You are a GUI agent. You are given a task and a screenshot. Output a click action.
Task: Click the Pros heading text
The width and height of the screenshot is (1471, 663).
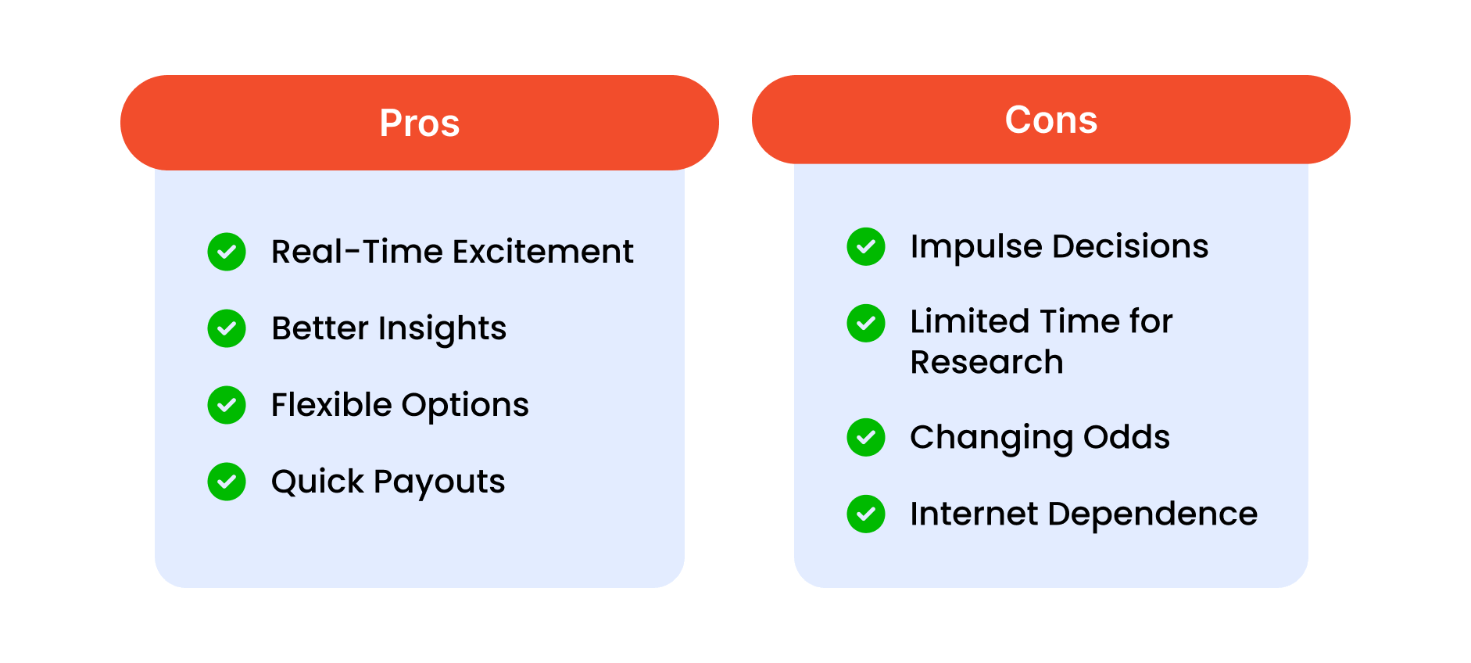420,124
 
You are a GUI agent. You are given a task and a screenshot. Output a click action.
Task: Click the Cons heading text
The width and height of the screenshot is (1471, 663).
1051,120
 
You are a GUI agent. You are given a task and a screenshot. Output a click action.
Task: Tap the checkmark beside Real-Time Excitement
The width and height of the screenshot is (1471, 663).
227,252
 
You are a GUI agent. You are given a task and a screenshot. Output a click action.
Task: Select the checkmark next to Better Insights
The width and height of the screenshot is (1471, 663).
227,328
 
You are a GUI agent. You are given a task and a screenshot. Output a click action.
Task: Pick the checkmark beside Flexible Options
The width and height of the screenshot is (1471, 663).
227,405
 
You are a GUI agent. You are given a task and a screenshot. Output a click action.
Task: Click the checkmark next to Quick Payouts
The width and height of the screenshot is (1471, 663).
227,482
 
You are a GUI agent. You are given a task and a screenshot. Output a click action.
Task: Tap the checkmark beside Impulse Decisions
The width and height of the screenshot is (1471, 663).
866,247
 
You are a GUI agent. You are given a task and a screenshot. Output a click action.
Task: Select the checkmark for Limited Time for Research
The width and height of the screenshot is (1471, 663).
866,324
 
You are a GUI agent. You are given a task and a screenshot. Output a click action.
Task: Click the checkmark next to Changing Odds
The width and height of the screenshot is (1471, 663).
866,437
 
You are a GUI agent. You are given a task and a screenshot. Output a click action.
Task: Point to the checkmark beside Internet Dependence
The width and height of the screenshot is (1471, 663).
866,514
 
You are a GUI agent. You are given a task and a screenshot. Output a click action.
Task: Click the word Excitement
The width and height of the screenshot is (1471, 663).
543,252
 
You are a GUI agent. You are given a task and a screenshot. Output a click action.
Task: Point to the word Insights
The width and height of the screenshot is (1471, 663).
442,329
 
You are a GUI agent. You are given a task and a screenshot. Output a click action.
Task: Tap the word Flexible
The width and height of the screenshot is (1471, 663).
331,405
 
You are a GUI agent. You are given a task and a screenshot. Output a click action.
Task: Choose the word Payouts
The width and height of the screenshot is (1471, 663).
439,482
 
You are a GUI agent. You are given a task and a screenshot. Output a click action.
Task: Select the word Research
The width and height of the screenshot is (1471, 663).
987,362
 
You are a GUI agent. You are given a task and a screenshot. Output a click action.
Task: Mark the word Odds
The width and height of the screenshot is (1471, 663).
1126,437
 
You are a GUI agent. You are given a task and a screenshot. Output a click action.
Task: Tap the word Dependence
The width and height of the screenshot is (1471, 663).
1152,514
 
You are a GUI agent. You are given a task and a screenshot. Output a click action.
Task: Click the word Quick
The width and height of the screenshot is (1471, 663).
317,482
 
